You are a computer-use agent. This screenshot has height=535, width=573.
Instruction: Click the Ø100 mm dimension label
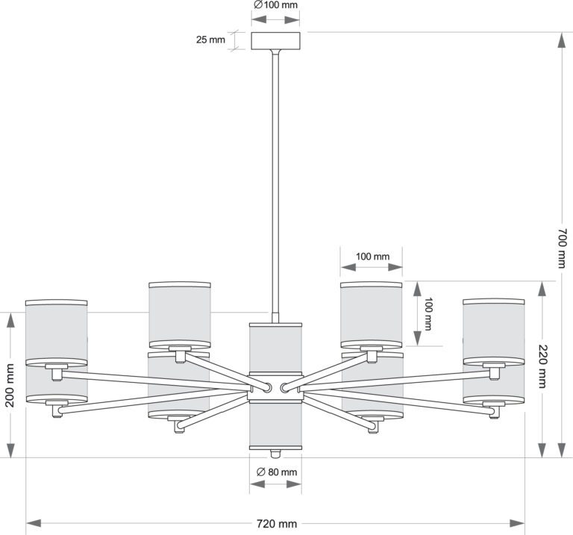pos(275,4)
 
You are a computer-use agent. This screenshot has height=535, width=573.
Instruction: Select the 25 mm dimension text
pos(210,40)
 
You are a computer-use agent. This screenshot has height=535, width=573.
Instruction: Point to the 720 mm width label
pos(275,524)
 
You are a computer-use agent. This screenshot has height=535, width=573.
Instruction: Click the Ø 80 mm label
pos(276,472)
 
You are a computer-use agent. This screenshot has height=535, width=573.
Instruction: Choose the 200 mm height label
pos(10,385)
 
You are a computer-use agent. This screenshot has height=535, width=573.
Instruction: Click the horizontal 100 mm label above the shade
pos(372,257)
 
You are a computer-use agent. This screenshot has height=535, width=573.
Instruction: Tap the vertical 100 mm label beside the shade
pos(428,314)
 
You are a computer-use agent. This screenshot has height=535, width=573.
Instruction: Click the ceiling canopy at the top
pos(275,40)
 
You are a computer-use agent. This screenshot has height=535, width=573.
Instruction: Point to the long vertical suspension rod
pos(275,179)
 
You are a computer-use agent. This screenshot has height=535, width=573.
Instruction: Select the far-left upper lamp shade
pos(57,332)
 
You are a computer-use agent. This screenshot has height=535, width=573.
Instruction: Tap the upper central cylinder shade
pos(275,347)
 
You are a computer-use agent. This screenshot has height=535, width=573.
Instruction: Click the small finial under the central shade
pos(275,454)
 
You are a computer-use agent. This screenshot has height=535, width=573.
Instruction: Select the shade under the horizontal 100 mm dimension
pos(372,313)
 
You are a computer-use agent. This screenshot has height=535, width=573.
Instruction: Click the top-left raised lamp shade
pos(179,313)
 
